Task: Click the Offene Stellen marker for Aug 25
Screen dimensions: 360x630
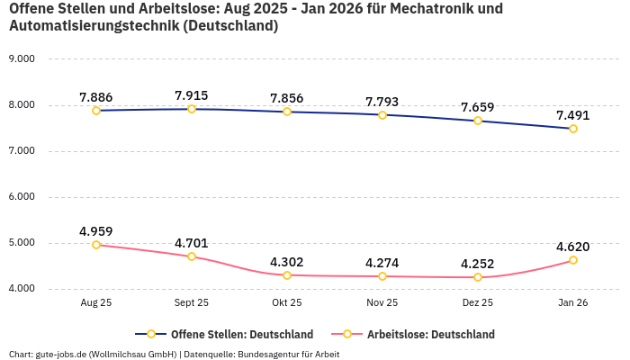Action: pos(96,111)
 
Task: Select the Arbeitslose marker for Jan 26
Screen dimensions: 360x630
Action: pos(573,260)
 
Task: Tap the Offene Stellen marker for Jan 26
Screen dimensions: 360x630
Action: pos(573,129)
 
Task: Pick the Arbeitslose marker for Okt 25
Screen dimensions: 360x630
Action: pos(287,275)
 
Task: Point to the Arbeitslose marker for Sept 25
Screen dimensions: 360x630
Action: pos(192,256)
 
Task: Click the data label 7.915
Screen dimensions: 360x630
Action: pos(192,95)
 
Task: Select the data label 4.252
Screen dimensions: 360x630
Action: pos(478,264)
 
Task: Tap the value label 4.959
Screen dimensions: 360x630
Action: pos(96,231)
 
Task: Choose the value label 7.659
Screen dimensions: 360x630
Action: pos(478,107)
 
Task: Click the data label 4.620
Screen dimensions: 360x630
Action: pos(573,247)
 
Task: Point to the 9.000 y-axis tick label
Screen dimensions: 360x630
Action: pos(21,58)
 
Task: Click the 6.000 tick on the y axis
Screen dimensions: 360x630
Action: pos(21,196)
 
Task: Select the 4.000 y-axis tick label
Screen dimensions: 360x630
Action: pos(21,289)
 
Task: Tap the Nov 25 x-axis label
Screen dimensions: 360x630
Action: pos(382,304)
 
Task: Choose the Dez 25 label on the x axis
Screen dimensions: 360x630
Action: pos(478,304)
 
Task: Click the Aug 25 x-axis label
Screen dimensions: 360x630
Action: pos(96,304)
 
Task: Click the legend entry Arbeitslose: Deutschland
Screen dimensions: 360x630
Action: pos(430,335)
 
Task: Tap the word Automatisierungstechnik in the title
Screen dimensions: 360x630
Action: pos(94,26)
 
